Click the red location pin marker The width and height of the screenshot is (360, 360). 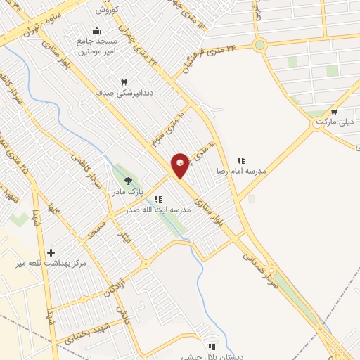(181, 165)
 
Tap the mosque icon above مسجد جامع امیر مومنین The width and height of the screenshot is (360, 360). (97, 31)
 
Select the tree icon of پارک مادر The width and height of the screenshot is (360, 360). (128, 181)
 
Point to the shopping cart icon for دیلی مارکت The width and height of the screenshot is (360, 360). (334, 111)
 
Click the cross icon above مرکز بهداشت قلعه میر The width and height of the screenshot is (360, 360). (51, 252)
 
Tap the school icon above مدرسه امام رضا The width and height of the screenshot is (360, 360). (242, 160)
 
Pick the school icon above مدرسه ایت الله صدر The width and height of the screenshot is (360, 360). (158, 199)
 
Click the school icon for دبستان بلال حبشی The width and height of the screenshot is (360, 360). (211, 347)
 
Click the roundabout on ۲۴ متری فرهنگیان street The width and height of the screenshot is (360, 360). (260, 46)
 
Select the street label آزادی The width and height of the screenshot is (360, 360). (110, 285)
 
